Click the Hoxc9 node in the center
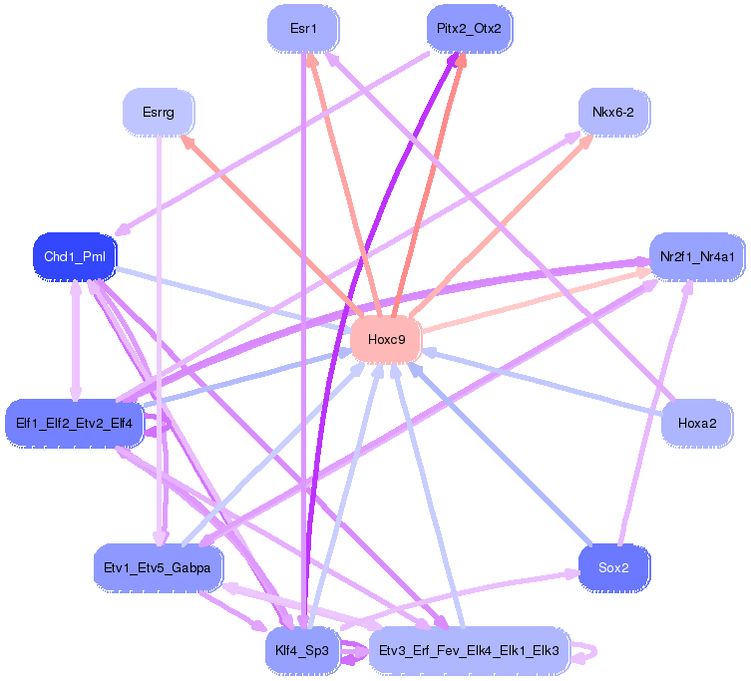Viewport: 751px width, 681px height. point(386,339)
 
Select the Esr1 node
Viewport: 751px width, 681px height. point(303,29)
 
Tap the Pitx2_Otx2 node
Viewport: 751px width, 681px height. point(469,29)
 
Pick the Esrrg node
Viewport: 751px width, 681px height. point(158,113)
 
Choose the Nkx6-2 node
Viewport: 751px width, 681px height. point(613,113)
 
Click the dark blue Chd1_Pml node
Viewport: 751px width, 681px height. point(75,257)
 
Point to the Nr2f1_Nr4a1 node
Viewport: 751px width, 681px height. point(697,257)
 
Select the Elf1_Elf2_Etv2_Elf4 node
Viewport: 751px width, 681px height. point(75,423)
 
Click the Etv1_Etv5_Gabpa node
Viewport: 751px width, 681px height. point(158,567)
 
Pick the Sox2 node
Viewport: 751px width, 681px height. point(613,567)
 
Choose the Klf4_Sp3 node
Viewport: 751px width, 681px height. point(303,651)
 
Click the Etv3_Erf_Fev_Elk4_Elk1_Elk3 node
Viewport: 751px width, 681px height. point(469,651)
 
